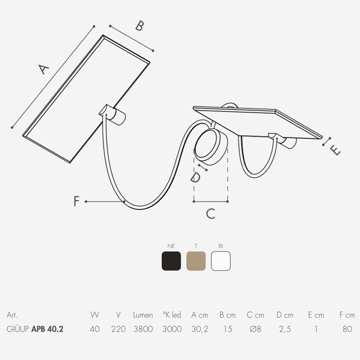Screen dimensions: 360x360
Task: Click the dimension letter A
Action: click(43, 69)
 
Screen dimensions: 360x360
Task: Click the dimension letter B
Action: click(140, 26)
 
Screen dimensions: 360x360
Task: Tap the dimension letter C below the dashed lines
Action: click(210, 214)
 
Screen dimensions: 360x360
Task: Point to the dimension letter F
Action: click(77, 201)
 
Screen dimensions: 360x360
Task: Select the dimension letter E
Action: click(335, 151)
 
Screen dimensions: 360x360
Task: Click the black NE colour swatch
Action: click(171, 261)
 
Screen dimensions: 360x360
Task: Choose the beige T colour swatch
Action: click(196, 261)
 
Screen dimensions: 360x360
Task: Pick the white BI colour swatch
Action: click(221, 261)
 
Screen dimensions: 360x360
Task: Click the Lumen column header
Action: click(143, 315)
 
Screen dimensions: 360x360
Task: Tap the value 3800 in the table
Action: click(143, 329)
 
